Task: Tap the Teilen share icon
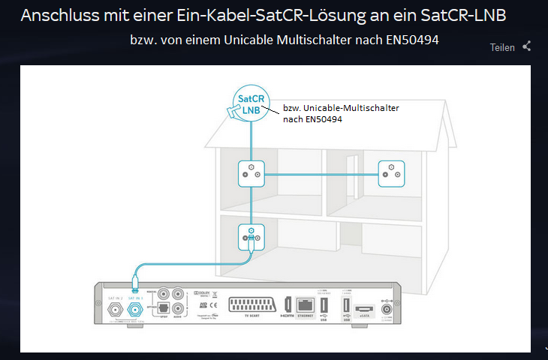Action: coord(527,46)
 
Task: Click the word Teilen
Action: coord(502,47)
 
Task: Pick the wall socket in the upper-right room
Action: coord(390,173)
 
